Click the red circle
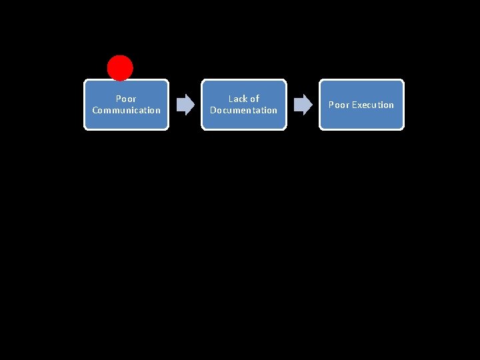click(120, 68)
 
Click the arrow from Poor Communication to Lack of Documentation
click(185, 105)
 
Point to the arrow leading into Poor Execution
click(303, 105)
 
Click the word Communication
click(126, 111)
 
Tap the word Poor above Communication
click(126, 99)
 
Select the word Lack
click(238, 99)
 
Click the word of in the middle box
click(254, 99)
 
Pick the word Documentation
click(243, 111)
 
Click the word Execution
click(373, 105)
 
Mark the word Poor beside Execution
click(339, 105)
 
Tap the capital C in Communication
click(95, 111)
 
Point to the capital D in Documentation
click(213, 111)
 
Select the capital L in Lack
click(231, 99)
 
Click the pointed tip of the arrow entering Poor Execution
click(311, 105)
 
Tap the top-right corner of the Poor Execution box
click(402, 81)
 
